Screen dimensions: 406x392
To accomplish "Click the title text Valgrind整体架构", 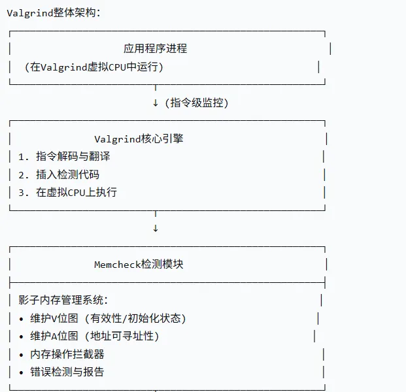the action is (x=54, y=13).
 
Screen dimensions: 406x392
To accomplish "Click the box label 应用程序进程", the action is (x=155, y=48).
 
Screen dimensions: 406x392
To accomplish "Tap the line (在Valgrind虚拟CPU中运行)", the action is (x=93, y=67).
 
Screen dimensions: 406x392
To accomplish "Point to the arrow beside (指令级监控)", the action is (x=155, y=103).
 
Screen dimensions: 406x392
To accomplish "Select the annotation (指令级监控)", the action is (x=197, y=103).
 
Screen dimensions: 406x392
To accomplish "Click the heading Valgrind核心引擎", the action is (x=143, y=139).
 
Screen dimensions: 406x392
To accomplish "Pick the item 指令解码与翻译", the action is (x=73, y=156).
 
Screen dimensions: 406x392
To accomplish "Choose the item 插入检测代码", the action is (x=67, y=174).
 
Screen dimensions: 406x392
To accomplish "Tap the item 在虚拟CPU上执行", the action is (x=76, y=192).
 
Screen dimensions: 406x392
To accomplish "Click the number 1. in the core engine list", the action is (x=24, y=156).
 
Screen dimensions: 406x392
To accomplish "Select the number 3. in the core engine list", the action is (x=24, y=192).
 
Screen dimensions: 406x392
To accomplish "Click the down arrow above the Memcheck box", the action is (x=155, y=228).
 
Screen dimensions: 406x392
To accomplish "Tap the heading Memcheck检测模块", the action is (x=139, y=264).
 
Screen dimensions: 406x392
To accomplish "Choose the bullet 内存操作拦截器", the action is (x=67, y=354).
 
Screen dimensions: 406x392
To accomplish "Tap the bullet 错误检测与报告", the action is (x=67, y=372).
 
